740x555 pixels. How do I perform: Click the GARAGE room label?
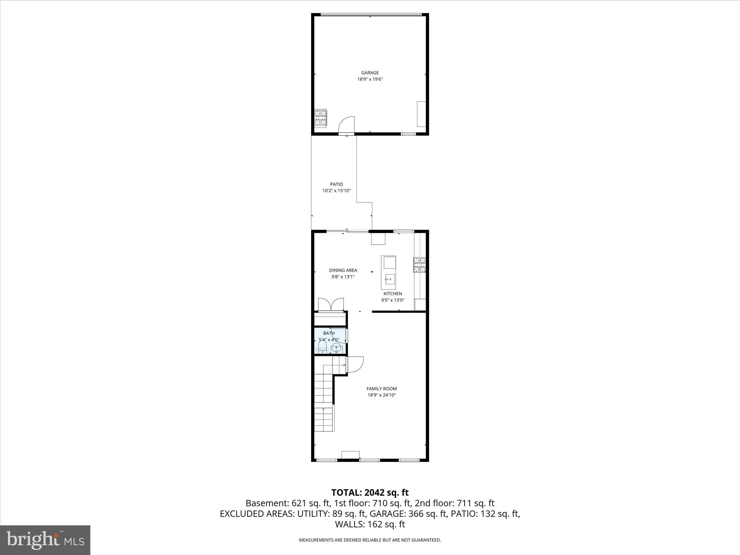(370, 73)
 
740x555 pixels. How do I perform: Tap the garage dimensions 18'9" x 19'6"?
(370, 79)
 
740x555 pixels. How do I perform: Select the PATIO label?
(336, 184)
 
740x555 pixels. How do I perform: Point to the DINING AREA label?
(343, 270)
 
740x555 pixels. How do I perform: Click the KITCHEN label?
(393, 294)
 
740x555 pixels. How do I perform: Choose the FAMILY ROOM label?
(382, 389)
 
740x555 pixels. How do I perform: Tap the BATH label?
(329, 333)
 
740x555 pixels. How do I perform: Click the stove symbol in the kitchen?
(420, 264)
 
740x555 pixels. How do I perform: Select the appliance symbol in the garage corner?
(320, 118)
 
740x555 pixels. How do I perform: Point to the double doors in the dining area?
(331, 305)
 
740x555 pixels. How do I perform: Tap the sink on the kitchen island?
(388, 279)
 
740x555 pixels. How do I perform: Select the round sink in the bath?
(336, 348)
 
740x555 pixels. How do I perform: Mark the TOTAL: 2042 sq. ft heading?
(370, 492)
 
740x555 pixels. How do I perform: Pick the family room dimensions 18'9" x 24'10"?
(382, 395)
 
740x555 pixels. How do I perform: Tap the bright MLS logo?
(45, 540)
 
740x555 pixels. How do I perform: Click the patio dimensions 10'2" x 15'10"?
(336, 191)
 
